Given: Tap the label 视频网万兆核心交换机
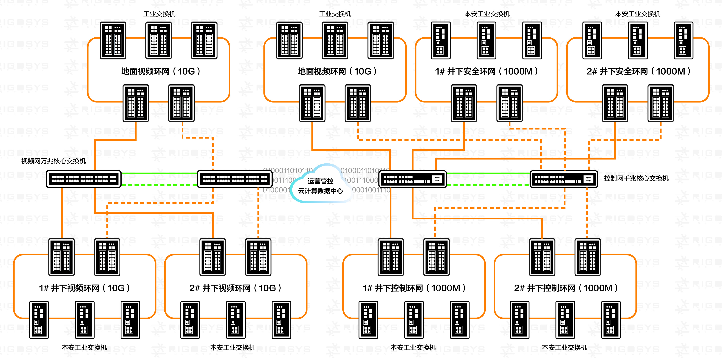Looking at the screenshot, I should [x=54, y=161].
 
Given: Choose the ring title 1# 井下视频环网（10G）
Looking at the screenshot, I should [x=84, y=288].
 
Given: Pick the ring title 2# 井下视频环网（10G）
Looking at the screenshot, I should [x=235, y=288].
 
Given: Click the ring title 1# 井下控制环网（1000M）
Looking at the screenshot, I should [x=414, y=288].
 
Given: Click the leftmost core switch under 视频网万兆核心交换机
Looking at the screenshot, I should [x=84, y=179].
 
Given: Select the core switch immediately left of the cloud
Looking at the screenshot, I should [x=235, y=179].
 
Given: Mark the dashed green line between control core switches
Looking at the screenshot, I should [x=488, y=185].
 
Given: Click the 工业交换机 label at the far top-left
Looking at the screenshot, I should [x=159, y=14].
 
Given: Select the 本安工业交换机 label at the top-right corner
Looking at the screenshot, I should [x=638, y=14].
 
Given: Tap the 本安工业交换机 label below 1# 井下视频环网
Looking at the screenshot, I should [x=84, y=348].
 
